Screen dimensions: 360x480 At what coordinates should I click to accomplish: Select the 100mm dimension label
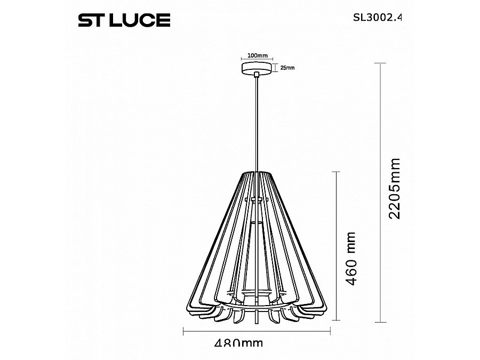pos(258,55)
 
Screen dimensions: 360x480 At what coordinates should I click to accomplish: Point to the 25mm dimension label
pos(287,68)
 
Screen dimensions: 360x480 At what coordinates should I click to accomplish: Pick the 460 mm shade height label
pos(350,259)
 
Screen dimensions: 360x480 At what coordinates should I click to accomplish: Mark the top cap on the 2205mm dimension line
pos(379,63)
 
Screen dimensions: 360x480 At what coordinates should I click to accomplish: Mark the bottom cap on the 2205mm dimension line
pos(379,322)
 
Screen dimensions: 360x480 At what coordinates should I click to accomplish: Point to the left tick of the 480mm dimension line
pos(184,332)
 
